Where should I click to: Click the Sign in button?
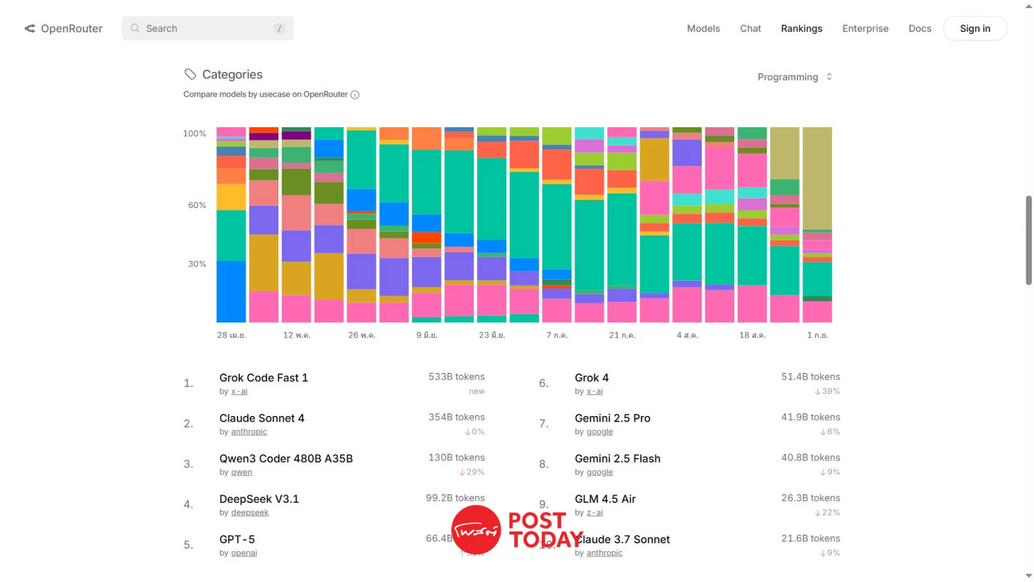point(975,28)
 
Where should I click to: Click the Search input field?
point(207,28)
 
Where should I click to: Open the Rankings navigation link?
point(801,28)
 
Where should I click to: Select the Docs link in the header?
point(919,28)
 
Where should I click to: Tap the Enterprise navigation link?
point(865,28)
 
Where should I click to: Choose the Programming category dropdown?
point(794,77)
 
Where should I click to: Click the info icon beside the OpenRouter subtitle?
point(355,95)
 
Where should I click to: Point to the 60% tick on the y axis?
point(197,205)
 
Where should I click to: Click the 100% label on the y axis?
point(194,134)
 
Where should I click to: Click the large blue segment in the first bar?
point(231,291)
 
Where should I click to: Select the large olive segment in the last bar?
point(817,178)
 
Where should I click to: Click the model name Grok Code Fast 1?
point(264,378)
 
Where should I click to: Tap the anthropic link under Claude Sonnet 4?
point(249,432)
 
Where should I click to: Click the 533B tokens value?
point(456,377)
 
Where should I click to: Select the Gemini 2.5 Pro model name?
point(612,418)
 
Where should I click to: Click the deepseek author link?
point(249,513)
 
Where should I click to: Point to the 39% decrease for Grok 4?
point(827,392)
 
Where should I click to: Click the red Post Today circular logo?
point(476,530)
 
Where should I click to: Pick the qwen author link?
point(241,472)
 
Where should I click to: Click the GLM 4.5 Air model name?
point(604,499)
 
